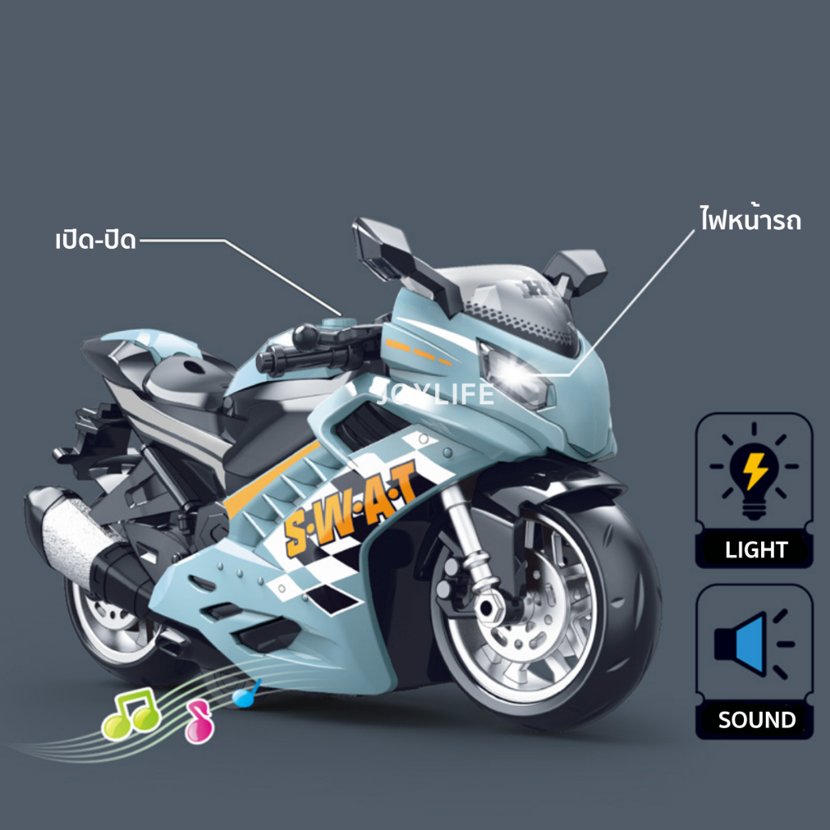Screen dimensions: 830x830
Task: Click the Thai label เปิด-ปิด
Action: click(x=96, y=240)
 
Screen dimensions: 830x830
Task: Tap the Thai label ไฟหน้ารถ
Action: click(x=750, y=218)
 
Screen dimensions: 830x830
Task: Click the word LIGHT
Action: click(x=756, y=550)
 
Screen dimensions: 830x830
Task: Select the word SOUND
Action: click(x=757, y=720)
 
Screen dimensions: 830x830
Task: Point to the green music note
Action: click(x=130, y=713)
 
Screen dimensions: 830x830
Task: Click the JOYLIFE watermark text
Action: click(x=435, y=394)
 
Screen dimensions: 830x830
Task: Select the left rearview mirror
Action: click(x=383, y=248)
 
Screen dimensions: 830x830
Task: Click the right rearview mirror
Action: click(x=576, y=271)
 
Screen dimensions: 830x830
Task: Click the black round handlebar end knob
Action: click(x=306, y=337)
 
